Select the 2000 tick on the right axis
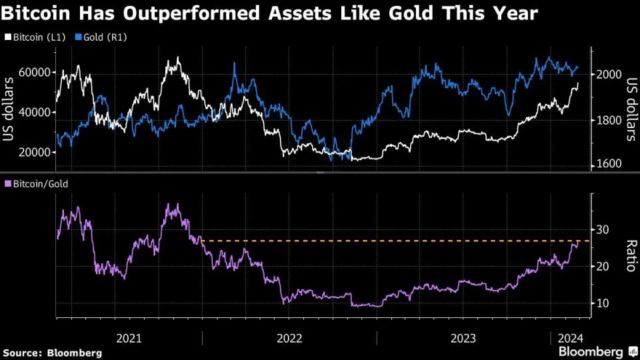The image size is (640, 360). point(608,75)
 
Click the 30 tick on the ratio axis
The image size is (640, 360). point(603,230)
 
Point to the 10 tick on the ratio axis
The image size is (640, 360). point(603,303)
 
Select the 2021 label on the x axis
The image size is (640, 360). point(129,337)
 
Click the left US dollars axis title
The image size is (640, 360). point(9,110)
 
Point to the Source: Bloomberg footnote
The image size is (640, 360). point(53,352)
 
